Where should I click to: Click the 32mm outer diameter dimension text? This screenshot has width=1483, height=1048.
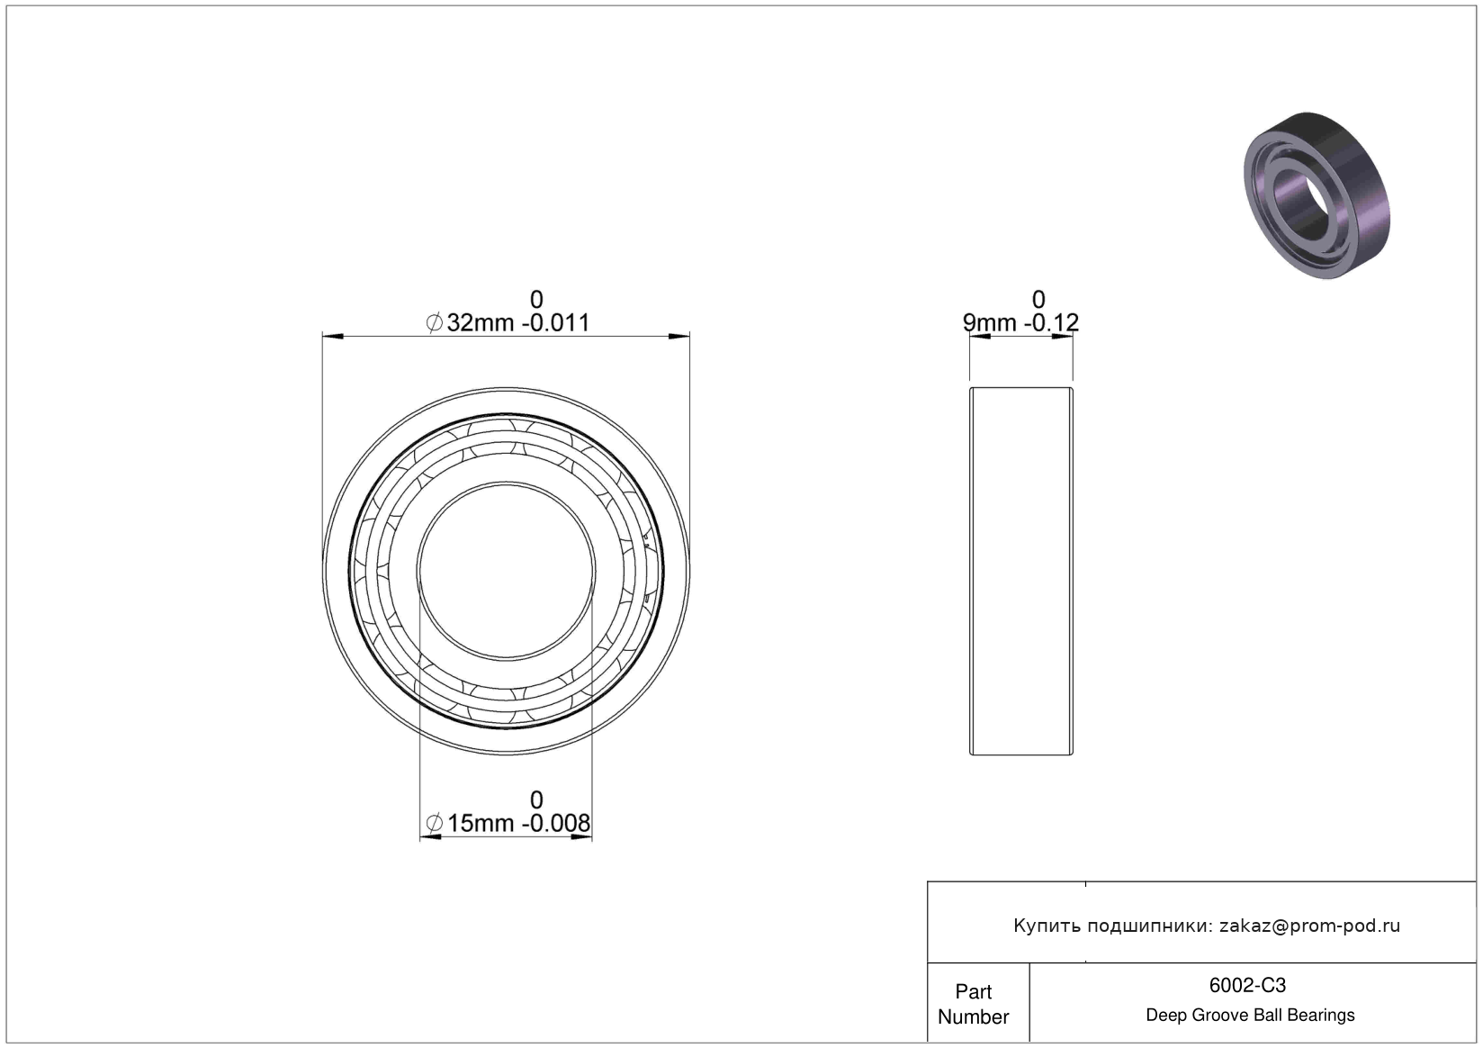click(480, 323)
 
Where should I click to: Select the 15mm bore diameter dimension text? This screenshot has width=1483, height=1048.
click(481, 824)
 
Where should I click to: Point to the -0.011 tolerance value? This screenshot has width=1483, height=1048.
click(556, 323)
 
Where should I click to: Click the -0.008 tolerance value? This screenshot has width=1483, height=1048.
click(556, 824)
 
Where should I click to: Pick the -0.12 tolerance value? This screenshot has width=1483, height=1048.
click(1052, 323)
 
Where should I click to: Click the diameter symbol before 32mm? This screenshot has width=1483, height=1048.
click(435, 323)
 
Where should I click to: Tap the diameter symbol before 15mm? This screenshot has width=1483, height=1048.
click(435, 824)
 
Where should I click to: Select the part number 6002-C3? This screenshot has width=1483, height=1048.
click(1247, 986)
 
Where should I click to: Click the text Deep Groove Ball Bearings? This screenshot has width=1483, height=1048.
click(1250, 1015)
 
